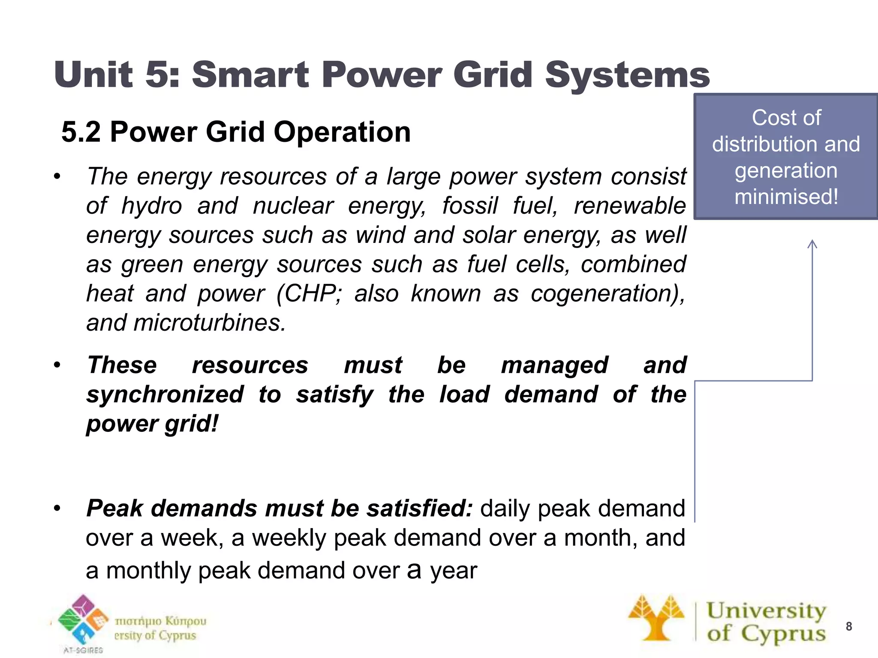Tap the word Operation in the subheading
coord(342,132)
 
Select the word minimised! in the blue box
coord(786,197)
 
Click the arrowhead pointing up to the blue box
coord(812,244)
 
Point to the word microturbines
coord(209,323)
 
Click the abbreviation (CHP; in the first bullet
coord(309,294)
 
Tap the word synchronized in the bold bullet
coord(165,394)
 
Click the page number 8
coord(848,626)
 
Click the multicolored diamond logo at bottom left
coord(83,620)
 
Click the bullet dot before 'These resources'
coord(57,365)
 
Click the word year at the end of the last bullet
coord(453,571)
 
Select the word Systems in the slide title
coord(627,75)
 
